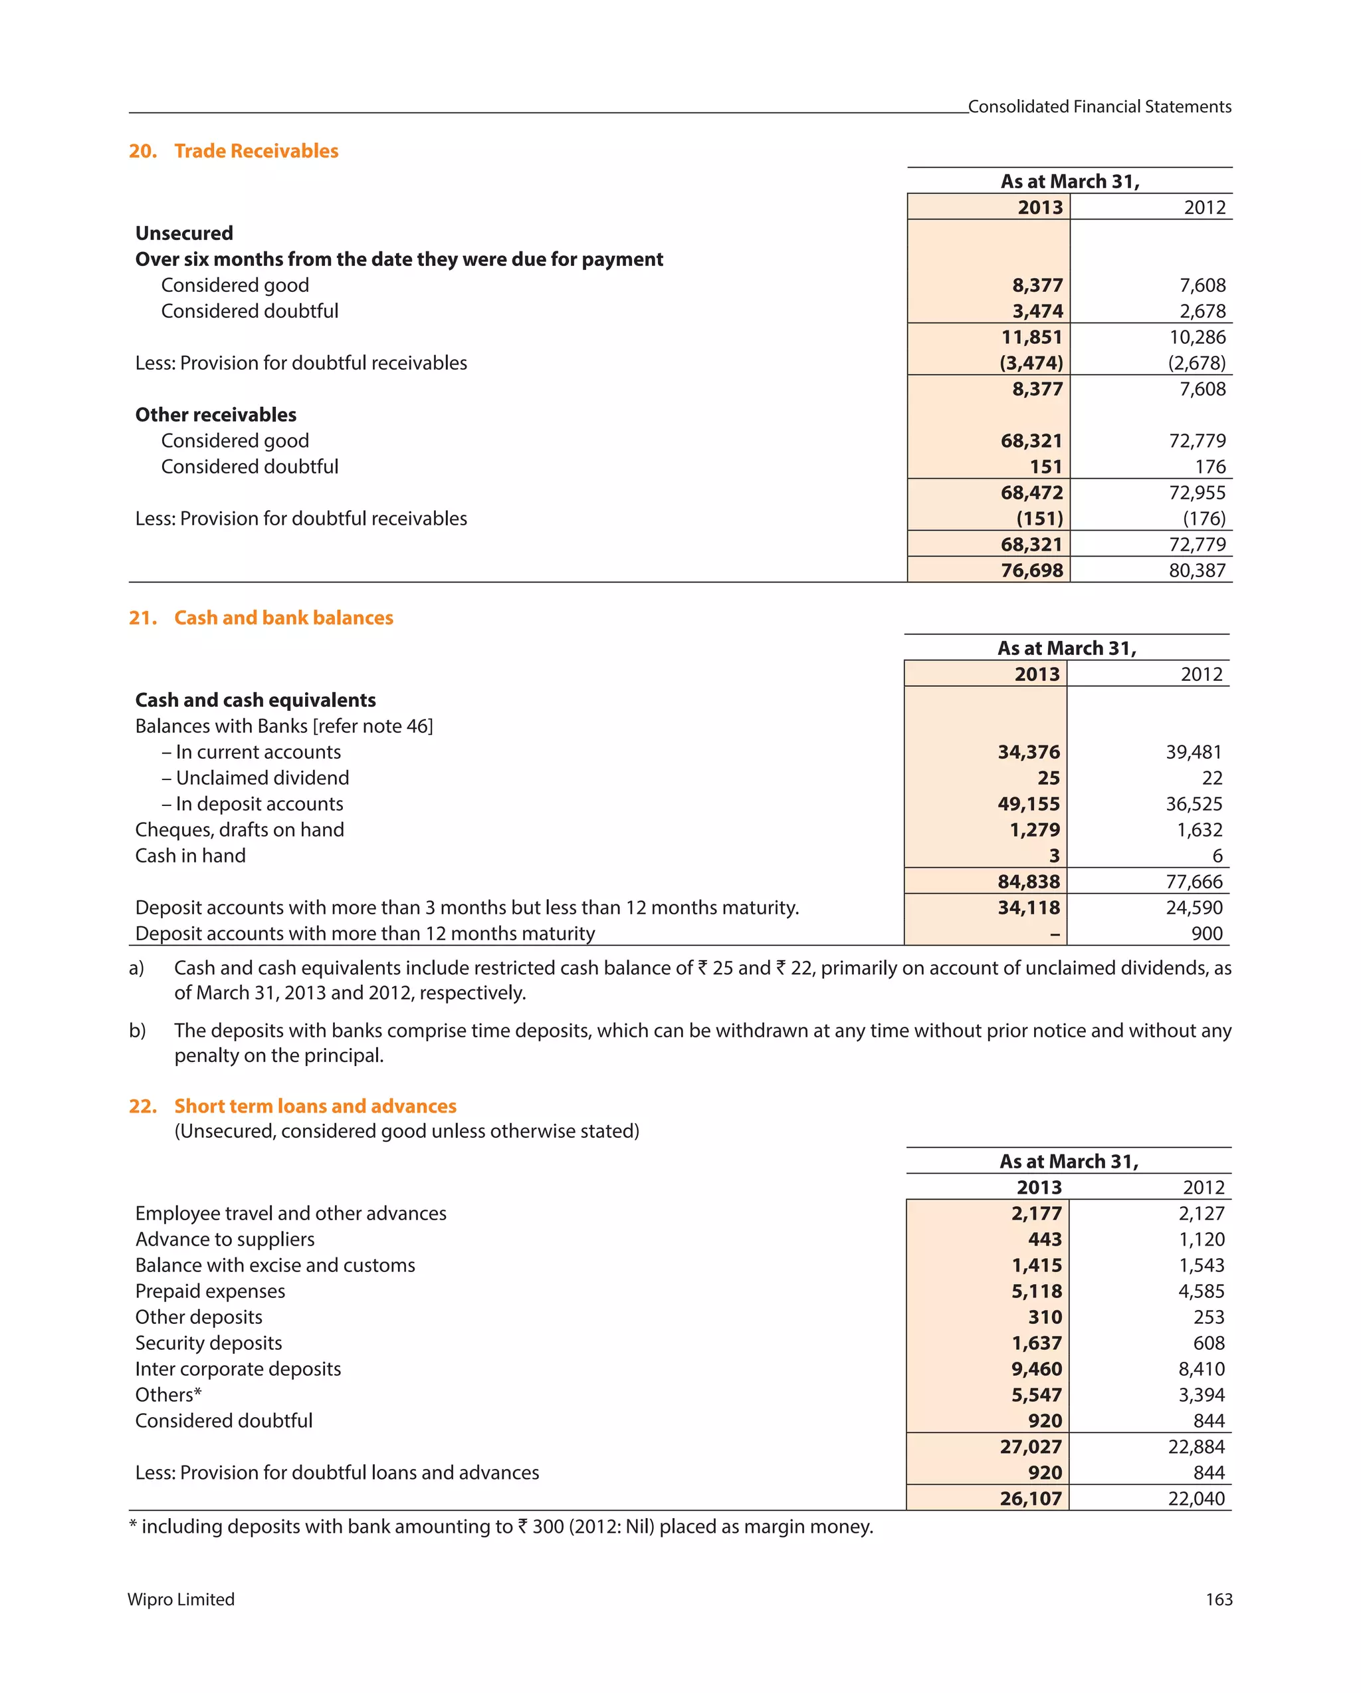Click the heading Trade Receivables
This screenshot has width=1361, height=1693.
(x=256, y=151)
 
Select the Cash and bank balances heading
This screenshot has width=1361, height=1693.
(x=283, y=618)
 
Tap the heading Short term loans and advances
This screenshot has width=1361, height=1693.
(x=315, y=1106)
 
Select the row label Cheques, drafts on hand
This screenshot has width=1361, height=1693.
(x=239, y=829)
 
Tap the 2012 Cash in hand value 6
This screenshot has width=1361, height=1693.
(x=1217, y=855)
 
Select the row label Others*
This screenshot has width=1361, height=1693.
(x=168, y=1394)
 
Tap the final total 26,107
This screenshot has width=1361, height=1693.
(x=1031, y=1498)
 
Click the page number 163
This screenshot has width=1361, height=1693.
(x=1218, y=1599)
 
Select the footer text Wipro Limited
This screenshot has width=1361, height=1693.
(x=181, y=1599)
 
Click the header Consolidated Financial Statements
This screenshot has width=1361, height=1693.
(x=1099, y=106)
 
